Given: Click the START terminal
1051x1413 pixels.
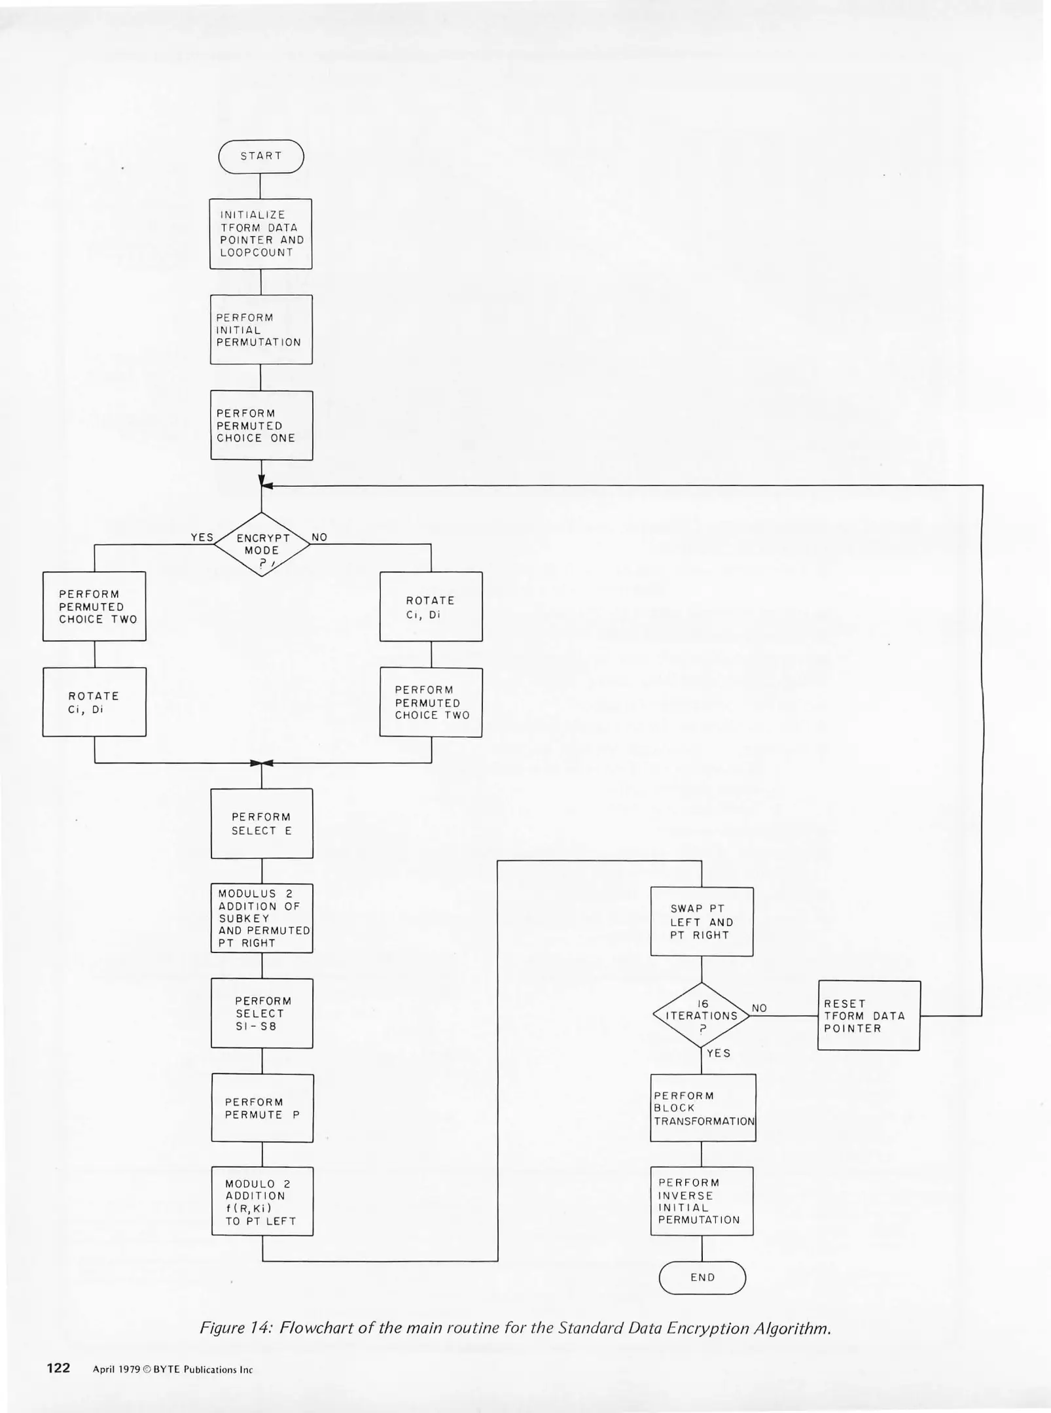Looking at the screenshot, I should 261,156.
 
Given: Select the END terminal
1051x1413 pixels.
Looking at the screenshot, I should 702,1277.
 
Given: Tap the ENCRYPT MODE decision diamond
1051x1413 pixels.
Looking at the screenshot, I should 262,544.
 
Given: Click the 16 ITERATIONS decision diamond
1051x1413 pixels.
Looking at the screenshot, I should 702,1015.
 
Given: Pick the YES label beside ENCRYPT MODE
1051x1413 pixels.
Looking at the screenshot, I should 202,537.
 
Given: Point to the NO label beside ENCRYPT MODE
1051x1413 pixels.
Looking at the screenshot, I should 319,537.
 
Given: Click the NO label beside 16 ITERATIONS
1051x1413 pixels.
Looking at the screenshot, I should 759,1008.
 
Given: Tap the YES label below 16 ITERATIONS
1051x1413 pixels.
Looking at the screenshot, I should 718,1053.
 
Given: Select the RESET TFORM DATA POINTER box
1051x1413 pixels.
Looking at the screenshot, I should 868,1015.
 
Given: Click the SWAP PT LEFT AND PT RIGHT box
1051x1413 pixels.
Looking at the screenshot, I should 702,922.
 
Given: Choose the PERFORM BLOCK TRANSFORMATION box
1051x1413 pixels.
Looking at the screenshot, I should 703,1108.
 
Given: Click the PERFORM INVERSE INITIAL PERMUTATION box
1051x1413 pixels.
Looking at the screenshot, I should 702,1201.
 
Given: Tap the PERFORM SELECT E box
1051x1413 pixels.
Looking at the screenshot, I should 262,824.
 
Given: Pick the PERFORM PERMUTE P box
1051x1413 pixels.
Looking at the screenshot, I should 262,1108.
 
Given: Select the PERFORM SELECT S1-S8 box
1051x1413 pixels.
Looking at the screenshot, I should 262,1013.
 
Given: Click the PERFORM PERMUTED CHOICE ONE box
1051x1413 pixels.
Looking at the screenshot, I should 261,425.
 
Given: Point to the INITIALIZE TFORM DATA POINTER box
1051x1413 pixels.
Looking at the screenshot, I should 260,234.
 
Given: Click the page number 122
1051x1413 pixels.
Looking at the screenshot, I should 58,1368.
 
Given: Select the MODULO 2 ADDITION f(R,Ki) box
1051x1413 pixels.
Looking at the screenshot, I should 262,1202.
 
